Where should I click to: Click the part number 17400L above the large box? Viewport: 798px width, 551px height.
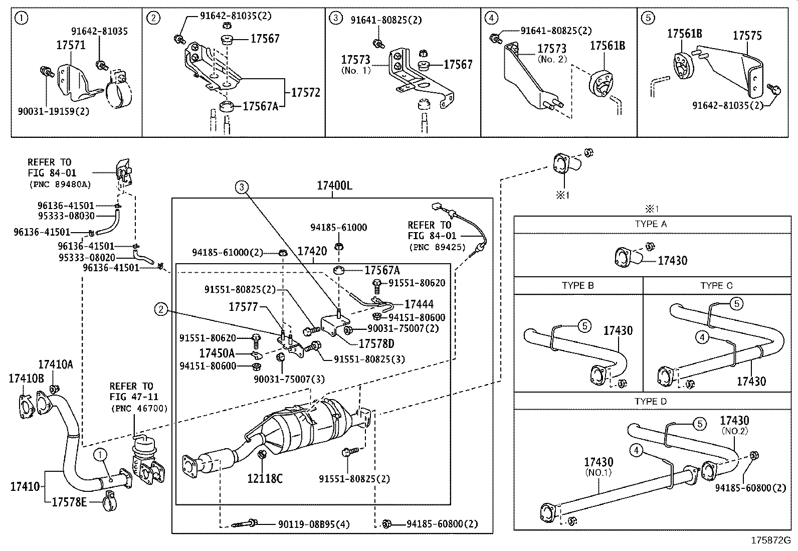point(334,186)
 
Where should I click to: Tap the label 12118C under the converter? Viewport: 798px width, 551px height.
point(265,479)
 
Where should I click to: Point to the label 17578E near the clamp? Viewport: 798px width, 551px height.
point(69,501)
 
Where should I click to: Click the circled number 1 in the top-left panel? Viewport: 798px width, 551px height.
point(21,19)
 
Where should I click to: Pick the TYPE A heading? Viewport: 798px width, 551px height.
point(651,224)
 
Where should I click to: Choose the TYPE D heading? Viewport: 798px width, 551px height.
point(651,401)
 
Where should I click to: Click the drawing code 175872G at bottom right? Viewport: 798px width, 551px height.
point(770,540)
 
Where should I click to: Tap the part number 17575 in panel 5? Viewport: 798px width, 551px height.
point(747,36)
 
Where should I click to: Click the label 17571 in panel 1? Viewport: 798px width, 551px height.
point(71,45)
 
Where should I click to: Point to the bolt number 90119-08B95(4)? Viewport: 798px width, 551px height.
point(314,524)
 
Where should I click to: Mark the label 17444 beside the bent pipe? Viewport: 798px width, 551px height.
point(419,304)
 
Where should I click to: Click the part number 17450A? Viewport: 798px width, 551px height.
point(217,353)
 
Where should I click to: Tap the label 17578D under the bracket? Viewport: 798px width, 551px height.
point(376,343)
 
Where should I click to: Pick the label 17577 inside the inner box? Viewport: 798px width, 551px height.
point(243,306)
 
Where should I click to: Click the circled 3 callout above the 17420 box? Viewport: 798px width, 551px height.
point(242,188)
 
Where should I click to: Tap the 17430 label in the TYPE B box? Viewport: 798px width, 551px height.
point(618,330)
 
